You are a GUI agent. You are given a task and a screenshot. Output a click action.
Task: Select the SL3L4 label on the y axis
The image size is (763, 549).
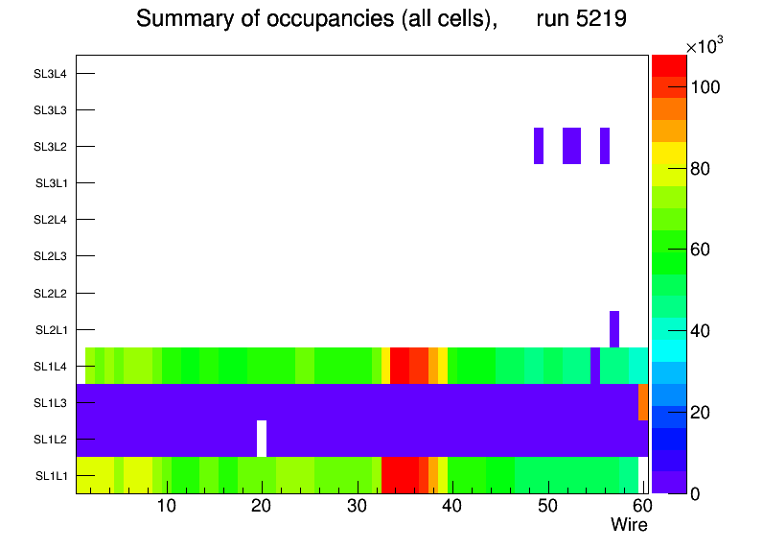50,74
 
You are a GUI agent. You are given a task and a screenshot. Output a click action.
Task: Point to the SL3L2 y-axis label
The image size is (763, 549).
50,147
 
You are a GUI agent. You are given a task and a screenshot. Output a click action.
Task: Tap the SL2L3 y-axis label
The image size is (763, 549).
50,256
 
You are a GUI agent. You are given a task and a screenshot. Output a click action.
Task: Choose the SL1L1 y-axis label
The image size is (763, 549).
51,476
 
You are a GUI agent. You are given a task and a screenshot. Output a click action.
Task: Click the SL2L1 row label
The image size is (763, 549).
51,330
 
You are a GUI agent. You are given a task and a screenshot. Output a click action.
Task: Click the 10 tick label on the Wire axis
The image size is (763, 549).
167,507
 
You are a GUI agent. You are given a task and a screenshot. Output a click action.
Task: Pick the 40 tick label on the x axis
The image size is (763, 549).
451,507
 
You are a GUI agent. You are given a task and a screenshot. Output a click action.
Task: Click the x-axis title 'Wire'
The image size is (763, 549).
629,525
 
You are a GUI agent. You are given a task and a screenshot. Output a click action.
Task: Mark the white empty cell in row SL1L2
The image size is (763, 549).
262,439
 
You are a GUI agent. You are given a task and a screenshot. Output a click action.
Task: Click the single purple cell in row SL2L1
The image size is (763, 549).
614,329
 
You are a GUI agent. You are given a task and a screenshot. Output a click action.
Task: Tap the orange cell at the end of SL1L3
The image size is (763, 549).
643,402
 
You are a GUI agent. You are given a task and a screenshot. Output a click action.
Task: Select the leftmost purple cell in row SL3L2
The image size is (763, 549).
539,145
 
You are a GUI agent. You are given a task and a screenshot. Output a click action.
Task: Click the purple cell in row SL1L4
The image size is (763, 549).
595,366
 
